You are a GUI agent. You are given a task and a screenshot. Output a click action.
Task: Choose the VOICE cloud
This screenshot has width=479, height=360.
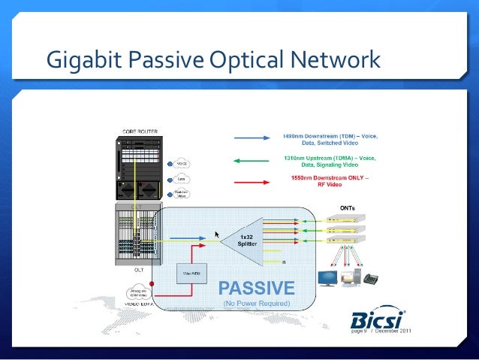click(x=181, y=163)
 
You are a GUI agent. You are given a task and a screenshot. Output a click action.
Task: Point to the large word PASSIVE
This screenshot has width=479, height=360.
click(x=256, y=288)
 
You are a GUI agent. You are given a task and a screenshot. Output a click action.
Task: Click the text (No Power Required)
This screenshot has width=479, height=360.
click(x=256, y=304)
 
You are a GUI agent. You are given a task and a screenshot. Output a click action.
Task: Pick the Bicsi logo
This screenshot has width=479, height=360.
click(x=379, y=316)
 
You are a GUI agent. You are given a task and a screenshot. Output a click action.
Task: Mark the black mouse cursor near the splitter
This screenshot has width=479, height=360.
click(x=217, y=234)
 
